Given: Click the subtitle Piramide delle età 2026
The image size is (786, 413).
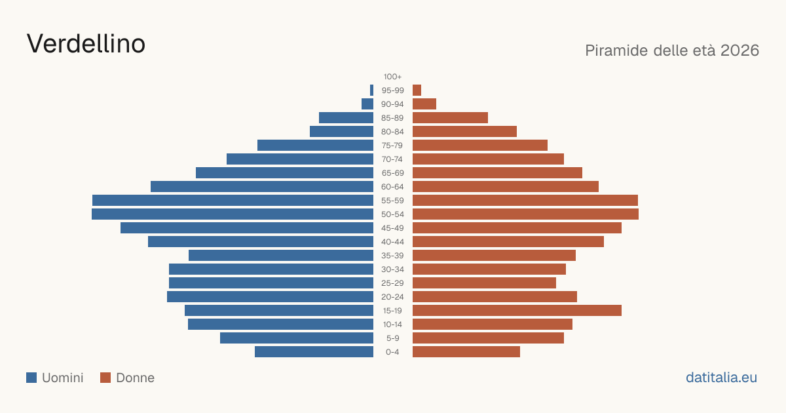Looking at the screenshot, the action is [x=672, y=50].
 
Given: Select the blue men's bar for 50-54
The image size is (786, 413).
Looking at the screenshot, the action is [x=233, y=214].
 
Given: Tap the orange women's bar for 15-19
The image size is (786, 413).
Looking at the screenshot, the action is [x=517, y=311].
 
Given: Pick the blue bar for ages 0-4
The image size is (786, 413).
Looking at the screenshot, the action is [x=314, y=352].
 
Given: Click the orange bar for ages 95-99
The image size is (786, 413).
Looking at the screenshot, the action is [x=417, y=90].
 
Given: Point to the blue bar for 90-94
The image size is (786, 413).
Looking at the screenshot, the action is [x=367, y=104].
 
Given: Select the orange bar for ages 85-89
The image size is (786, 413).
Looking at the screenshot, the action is [x=450, y=117].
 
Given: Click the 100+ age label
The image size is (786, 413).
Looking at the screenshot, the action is [x=392, y=77].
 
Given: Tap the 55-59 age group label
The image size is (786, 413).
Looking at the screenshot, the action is [x=392, y=201].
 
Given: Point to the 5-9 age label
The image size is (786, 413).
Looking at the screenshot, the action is [x=392, y=338].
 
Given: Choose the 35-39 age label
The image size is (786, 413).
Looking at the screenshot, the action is [x=392, y=256].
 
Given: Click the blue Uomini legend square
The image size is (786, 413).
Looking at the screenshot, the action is [x=31, y=378].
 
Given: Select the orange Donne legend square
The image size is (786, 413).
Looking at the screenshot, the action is [x=105, y=378].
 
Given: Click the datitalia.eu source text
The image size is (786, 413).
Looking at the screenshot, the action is [x=721, y=378].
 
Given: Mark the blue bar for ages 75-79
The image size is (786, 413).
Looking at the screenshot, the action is [x=316, y=146].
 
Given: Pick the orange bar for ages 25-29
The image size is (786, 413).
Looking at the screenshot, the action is [x=484, y=283].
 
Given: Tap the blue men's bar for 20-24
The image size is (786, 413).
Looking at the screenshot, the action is [x=270, y=297].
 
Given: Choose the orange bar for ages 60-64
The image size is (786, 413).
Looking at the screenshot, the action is [x=506, y=186].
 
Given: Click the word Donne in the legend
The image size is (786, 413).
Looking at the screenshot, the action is [x=135, y=378].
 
